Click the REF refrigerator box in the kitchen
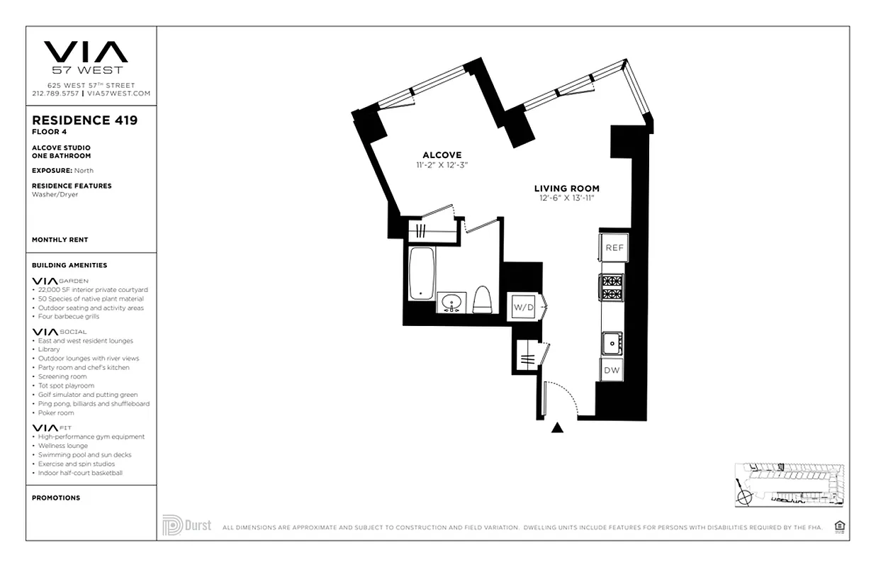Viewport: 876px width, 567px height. [x=614, y=247]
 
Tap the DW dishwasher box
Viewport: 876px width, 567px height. [x=612, y=370]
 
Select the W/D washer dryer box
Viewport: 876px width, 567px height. [x=524, y=307]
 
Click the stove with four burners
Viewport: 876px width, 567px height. [x=612, y=287]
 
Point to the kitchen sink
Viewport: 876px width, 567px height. [x=612, y=344]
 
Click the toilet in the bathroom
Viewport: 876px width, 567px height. [x=483, y=299]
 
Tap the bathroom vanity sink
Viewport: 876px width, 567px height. [x=451, y=303]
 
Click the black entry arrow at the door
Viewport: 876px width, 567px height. [x=558, y=427]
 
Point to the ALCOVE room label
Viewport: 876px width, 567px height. [x=442, y=155]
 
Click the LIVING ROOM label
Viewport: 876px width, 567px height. [x=566, y=189]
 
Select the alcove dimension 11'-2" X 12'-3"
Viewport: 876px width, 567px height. [x=442, y=165]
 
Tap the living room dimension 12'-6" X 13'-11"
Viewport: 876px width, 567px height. [x=566, y=198]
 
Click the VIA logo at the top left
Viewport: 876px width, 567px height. [x=86, y=52]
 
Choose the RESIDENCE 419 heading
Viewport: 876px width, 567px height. [x=85, y=120]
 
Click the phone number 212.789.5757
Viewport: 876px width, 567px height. [x=56, y=94]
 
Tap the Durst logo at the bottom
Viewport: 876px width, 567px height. [x=186, y=525]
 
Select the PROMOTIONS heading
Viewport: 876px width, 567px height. [x=56, y=498]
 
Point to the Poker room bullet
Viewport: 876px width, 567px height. [x=57, y=412]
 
